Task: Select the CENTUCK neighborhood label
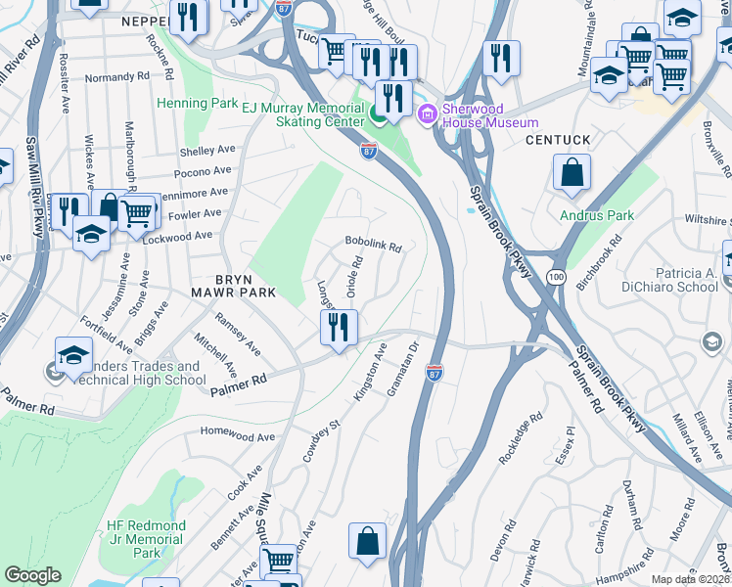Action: (558, 140)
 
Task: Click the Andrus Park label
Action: (597, 215)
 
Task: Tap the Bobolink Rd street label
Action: (373, 247)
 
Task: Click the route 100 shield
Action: (556, 279)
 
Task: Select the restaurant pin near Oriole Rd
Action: (339, 327)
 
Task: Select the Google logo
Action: (32, 575)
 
